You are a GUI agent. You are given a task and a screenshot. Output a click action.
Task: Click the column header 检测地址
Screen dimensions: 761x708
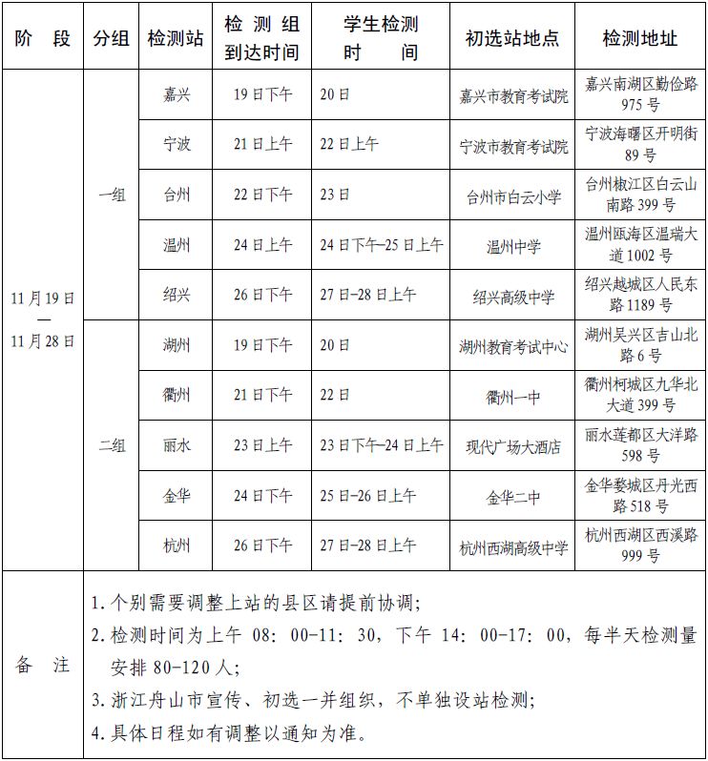tap(640, 38)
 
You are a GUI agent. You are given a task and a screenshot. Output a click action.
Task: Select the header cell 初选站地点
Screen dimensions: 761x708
tap(512, 38)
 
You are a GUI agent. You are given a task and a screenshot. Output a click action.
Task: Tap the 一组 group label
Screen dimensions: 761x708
tap(113, 195)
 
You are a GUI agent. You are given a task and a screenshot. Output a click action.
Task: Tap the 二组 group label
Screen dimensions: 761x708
tap(113, 445)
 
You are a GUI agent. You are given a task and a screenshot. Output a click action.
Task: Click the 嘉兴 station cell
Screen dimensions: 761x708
tap(177, 95)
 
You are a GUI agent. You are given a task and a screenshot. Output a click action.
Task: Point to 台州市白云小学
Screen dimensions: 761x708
tap(513, 196)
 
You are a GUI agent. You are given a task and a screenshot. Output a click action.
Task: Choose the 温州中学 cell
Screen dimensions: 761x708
tap(513, 246)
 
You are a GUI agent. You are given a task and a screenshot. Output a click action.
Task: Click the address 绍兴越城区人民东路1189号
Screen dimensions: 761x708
tap(640, 295)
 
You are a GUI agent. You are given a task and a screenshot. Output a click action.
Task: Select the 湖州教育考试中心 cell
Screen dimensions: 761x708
tap(513, 346)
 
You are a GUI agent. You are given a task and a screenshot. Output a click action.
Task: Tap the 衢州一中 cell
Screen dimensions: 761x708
tap(513, 396)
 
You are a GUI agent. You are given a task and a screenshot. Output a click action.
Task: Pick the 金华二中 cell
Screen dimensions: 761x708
tap(513, 496)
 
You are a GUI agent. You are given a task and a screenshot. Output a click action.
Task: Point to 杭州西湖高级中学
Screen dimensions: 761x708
tap(513, 546)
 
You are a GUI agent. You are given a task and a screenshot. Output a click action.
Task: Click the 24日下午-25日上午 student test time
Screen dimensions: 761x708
tap(381, 245)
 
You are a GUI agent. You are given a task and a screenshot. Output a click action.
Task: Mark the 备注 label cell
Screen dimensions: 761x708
tap(42, 666)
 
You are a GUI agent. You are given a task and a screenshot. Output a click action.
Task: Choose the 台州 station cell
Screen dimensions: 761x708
tap(177, 195)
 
